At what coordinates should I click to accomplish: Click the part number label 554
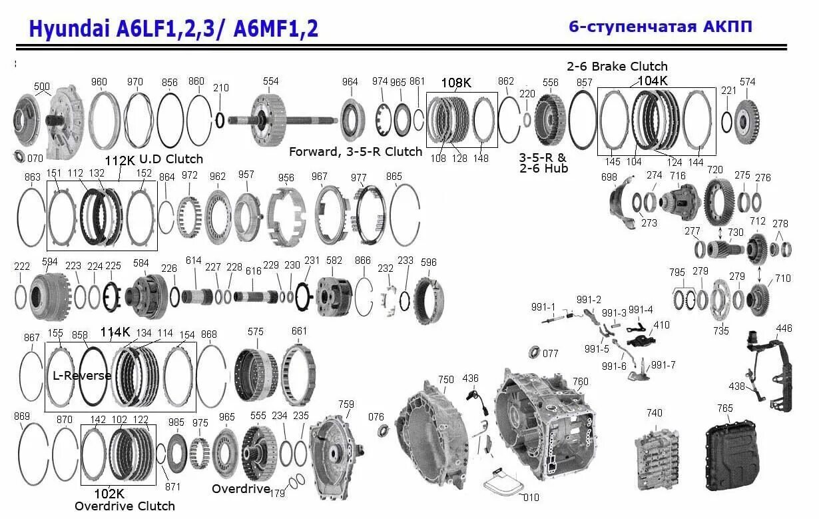[270, 81]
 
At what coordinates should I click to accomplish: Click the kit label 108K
[456, 83]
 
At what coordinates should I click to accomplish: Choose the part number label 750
[445, 380]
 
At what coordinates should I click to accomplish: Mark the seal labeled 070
[19, 157]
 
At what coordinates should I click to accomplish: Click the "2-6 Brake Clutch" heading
[617, 67]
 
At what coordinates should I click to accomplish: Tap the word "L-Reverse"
[82, 376]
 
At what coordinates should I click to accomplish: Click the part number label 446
[784, 328]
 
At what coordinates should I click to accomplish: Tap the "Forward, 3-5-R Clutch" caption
[355, 152]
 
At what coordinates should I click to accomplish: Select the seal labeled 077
[533, 352]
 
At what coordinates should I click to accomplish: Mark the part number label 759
[346, 404]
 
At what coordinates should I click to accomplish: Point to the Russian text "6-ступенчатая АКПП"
[660, 27]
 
